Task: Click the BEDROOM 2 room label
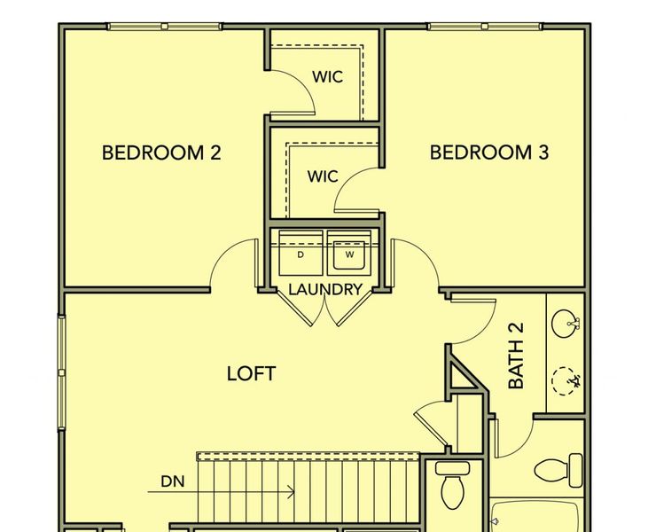point(160,153)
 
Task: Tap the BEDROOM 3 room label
point(489,153)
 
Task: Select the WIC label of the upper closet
point(327,76)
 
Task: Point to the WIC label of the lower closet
point(323,176)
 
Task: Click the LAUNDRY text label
point(324,289)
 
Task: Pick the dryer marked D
point(301,254)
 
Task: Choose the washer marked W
point(348,254)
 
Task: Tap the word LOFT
point(251,373)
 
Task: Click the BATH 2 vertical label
point(516,356)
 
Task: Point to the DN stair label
point(172,482)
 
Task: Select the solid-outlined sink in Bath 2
point(564,323)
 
